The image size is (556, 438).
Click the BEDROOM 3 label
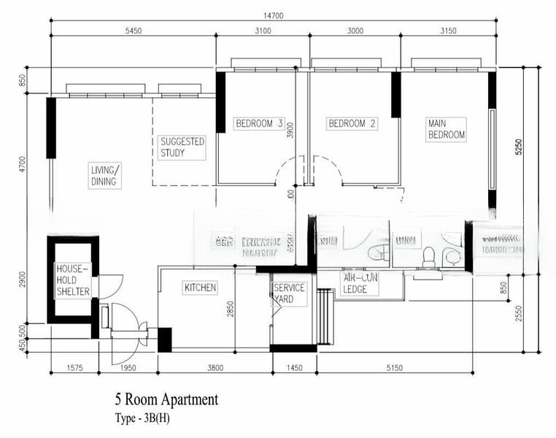258,123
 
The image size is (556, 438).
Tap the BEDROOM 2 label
352,123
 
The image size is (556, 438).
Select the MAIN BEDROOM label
446,129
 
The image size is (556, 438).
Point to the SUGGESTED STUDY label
182,147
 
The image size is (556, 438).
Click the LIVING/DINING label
104,176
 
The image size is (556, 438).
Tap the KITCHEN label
200,288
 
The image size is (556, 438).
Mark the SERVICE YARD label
289,293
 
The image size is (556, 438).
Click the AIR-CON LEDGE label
360,283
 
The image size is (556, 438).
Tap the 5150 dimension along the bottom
393,367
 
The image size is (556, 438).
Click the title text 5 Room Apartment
166,399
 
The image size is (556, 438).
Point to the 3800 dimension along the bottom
215,367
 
